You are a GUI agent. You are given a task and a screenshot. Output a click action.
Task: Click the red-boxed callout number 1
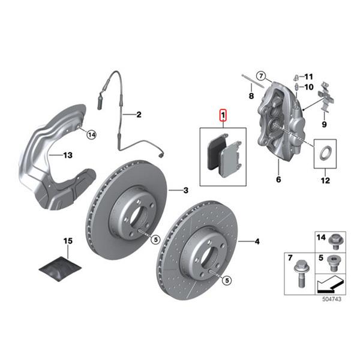[223, 115]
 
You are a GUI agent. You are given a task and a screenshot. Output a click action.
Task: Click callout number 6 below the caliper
[278, 179]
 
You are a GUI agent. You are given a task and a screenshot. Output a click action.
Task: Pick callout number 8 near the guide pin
[251, 95]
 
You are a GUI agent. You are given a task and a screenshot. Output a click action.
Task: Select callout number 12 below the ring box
[325, 180]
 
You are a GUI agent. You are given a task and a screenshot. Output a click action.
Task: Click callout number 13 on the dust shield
[68, 155]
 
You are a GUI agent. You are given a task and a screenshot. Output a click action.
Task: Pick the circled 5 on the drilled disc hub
[227, 280]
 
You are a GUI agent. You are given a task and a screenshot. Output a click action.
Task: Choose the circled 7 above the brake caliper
[260, 76]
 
